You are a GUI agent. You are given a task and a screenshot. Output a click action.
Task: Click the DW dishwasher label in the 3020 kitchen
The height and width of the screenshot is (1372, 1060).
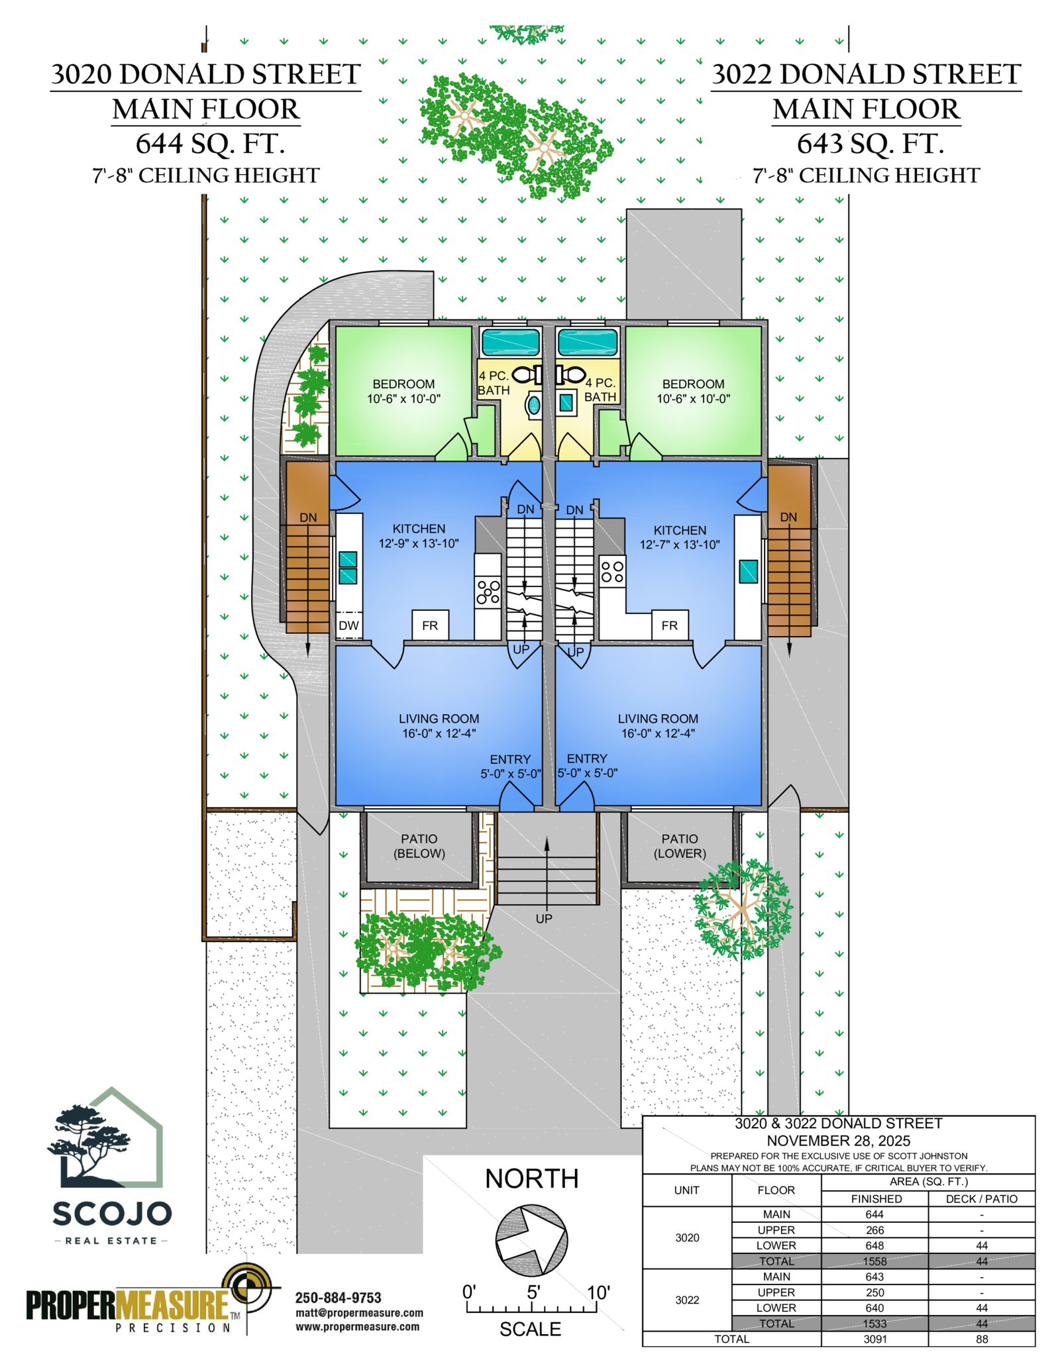click(x=348, y=625)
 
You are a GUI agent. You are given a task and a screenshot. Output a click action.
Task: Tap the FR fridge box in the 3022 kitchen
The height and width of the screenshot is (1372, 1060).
click(x=670, y=625)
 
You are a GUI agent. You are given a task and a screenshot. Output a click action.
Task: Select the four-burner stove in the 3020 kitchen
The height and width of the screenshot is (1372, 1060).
click(x=488, y=591)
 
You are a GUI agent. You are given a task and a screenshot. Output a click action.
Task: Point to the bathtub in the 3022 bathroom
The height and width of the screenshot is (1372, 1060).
click(x=588, y=343)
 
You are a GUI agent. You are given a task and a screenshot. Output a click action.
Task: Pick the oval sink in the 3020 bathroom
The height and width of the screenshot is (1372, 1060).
click(x=533, y=404)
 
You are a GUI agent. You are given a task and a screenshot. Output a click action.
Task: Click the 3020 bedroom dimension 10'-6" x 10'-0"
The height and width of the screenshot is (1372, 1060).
click(x=403, y=399)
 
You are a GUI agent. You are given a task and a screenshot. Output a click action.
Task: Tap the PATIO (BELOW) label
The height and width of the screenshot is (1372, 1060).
click(x=419, y=846)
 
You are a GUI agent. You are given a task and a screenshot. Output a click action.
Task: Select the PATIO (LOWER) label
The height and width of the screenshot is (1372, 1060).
click(x=680, y=846)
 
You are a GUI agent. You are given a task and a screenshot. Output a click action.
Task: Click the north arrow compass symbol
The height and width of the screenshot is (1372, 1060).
click(x=531, y=1240)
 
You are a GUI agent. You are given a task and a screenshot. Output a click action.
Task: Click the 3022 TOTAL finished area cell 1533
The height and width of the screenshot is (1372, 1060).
click(x=874, y=1323)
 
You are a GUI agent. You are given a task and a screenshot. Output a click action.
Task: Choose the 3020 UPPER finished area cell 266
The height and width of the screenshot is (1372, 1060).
click(x=874, y=1230)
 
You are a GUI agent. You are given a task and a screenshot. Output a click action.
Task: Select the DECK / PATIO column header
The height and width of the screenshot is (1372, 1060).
click(x=981, y=1198)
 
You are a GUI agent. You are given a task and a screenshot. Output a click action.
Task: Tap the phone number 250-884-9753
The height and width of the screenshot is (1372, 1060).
click(x=338, y=1298)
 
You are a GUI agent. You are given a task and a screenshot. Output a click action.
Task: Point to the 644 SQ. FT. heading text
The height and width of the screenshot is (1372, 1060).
click(x=210, y=143)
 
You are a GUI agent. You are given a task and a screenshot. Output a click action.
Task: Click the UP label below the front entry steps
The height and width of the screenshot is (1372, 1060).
click(x=544, y=918)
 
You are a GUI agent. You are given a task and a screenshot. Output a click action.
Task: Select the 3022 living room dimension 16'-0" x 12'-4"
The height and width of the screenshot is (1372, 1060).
click(x=658, y=733)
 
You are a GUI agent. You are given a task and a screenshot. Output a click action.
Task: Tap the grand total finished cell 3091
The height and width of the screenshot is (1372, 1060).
click(x=874, y=1339)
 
